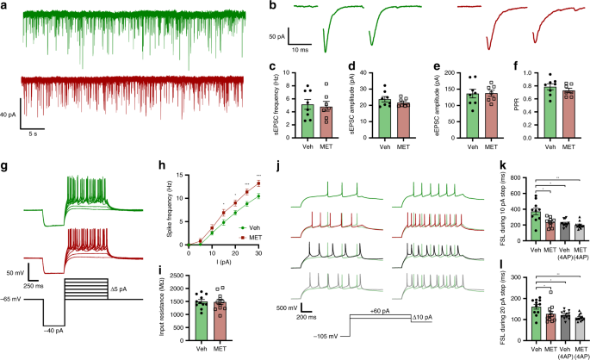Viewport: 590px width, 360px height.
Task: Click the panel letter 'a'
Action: pos(5,6)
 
